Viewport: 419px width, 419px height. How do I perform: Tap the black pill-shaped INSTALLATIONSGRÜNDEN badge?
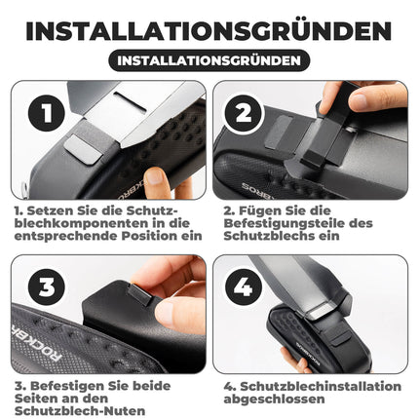(x=209, y=60)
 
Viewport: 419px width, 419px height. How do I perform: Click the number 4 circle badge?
(x=243, y=286)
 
